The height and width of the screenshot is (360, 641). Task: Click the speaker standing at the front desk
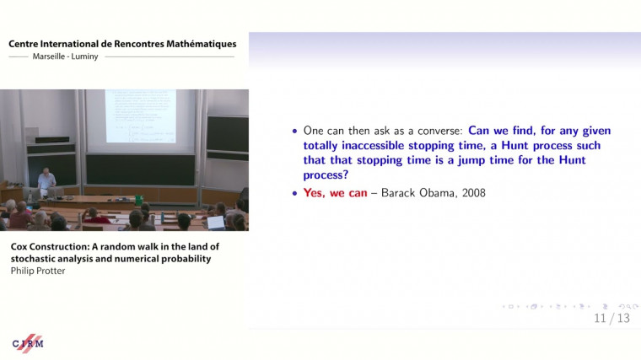(x=46, y=180)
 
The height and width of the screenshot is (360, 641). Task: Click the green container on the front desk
(x=137, y=200)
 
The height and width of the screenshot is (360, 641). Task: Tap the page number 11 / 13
(x=611, y=318)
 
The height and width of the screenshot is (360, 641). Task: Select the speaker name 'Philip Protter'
(x=37, y=271)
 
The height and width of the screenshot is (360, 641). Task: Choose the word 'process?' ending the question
(x=325, y=174)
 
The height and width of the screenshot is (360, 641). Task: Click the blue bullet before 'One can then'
(x=294, y=132)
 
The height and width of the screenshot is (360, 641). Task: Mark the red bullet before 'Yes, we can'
(x=294, y=193)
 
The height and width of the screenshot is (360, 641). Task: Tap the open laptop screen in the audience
(x=216, y=223)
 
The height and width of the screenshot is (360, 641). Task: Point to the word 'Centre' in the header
(x=27, y=43)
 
